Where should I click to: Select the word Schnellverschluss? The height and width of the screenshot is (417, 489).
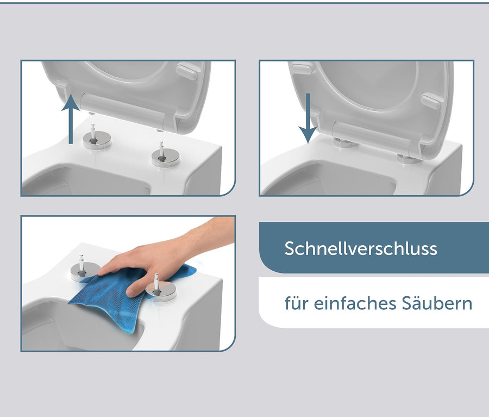tap(361, 248)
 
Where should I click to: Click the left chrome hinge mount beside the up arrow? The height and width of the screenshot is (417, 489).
tap(96, 139)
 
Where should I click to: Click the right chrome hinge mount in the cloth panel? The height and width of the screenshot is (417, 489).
tap(161, 289)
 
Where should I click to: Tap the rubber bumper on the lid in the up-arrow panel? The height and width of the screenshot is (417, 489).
tap(186, 71)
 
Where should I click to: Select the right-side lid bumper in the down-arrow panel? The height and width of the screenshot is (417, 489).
tap(430, 101)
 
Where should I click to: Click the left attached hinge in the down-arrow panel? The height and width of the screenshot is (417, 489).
tap(343, 142)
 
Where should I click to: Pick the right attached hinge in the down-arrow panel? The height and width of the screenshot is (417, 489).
tap(409, 158)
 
